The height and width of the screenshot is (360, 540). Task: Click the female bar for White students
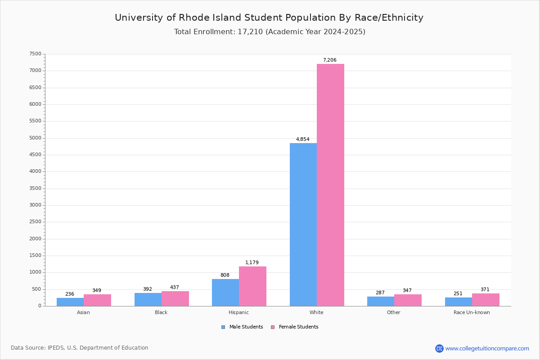point(330,185)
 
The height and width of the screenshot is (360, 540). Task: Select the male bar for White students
point(303,225)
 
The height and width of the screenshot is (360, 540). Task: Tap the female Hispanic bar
point(252,286)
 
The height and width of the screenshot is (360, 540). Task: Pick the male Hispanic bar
point(225,292)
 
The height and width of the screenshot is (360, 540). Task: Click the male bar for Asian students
point(70,302)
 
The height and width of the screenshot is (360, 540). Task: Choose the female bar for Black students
point(175,299)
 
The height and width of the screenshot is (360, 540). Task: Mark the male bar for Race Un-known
point(459,302)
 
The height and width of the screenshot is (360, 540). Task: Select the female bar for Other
point(408,300)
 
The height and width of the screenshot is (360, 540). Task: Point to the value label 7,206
point(329,60)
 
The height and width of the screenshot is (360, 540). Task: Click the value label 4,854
point(302,139)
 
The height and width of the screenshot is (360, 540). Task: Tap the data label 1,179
point(252,263)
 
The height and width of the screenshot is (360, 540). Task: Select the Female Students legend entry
point(295,327)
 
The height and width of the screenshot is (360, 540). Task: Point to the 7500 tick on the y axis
point(35,54)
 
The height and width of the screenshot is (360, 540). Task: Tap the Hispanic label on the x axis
point(238,312)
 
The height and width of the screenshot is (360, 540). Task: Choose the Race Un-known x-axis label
point(472,312)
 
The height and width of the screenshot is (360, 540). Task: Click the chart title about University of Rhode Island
point(269,18)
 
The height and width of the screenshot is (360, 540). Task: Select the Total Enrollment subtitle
point(270,32)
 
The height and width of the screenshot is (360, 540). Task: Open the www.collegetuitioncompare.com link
point(487,348)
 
